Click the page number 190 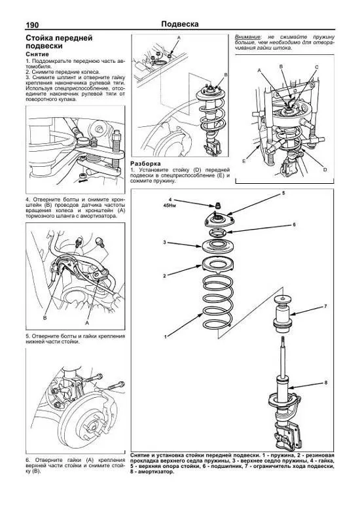14,25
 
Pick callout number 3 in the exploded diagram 164,243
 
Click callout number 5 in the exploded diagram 283,194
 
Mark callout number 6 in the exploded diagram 294,224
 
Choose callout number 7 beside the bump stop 325,306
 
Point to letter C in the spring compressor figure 316,67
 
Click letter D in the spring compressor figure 325,169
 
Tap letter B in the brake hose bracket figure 45,318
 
